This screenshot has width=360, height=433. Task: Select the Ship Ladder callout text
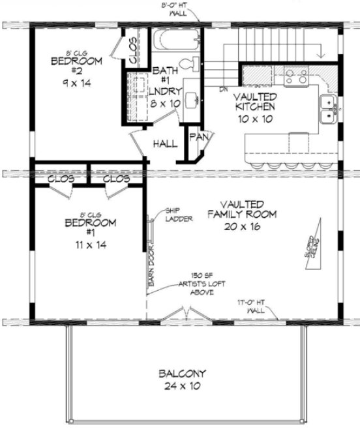pyautogui.click(x=177, y=215)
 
